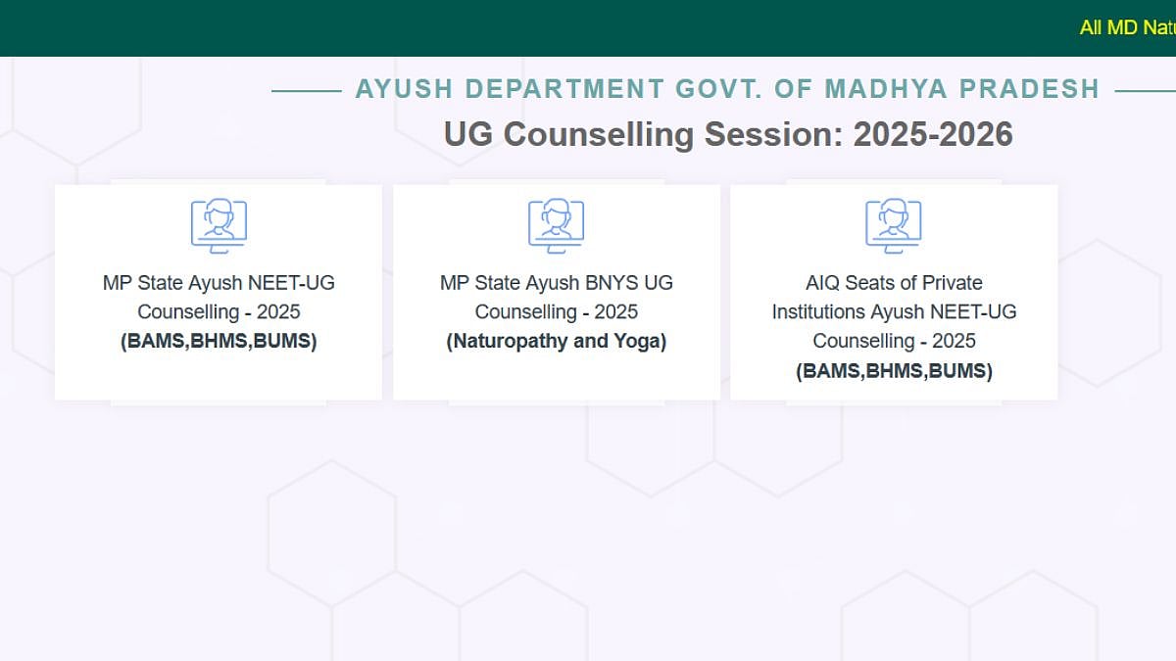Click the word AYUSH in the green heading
click(404, 89)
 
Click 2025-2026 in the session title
click(932, 134)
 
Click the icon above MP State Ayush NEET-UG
click(219, 226)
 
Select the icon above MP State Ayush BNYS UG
click(557, 226)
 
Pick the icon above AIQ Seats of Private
click(894, 226)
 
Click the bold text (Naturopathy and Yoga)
click(557, 342)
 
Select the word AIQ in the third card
click(824, 283)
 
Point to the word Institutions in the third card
click(817, 312)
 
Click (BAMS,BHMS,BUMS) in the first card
click(219, 342)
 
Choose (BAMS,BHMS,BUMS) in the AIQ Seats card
click(894, 371)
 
